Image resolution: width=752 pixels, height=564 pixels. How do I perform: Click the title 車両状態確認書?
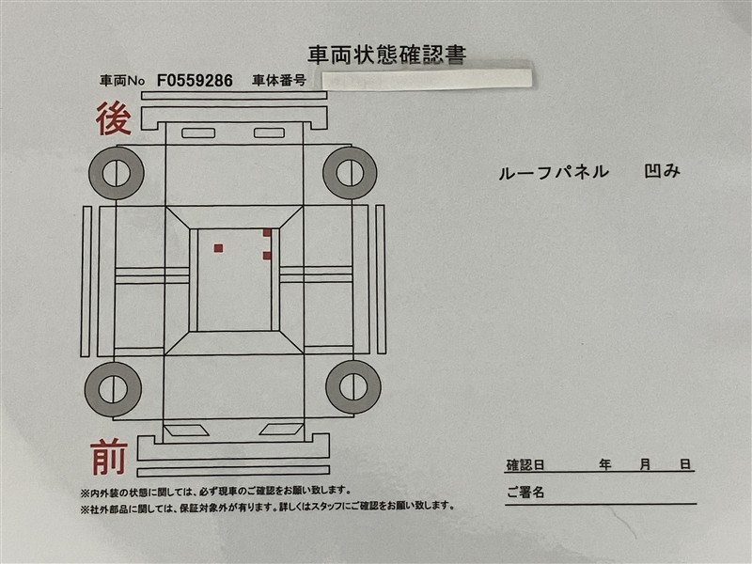[x=386, y=55]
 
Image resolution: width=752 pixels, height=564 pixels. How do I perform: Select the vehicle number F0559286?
[x=195, y=81]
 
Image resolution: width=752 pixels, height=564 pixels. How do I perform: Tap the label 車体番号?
[x=279, y=81]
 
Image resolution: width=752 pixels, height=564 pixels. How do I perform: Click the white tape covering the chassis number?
[x=427, y=79]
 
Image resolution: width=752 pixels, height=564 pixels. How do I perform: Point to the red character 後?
[x=114, y=119]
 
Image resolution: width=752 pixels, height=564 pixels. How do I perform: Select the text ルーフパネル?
[x=554, y=172]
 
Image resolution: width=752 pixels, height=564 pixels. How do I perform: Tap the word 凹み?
[x=662, y=171]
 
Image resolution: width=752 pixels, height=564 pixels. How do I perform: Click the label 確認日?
[x=525, y=465]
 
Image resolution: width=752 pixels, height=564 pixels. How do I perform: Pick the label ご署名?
[x=525, y=492]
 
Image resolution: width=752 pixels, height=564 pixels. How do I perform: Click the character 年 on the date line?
[x=604, y=464]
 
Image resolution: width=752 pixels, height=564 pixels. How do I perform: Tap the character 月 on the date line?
[x=645, y=464]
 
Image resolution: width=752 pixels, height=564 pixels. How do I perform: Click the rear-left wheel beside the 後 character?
[x=116, y=173]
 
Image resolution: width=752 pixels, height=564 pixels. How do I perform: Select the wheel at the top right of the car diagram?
[x=350, y=173]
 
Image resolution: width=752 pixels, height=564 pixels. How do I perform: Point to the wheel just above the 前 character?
[x=113, y=389]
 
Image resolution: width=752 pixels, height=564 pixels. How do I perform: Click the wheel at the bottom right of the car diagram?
[x=353, y=387]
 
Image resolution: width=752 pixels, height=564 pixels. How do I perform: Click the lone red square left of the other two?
[x=218, y=248]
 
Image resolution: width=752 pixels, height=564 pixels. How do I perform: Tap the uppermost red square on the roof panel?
[x=267, y=233]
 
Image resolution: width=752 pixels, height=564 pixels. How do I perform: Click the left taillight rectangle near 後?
[x=198, y=133]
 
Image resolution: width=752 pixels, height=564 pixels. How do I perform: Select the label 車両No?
[x=122, y=81]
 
